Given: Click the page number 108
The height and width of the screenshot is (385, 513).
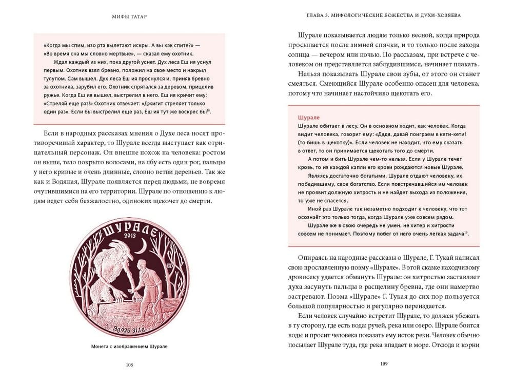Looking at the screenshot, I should click(129, 365).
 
